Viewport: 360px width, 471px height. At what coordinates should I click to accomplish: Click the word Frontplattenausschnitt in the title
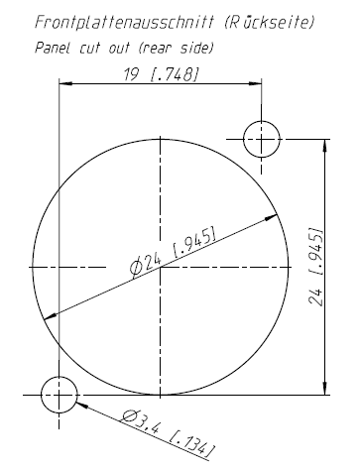coord(125,23)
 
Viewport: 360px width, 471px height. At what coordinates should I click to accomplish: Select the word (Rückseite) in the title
coord(269,22)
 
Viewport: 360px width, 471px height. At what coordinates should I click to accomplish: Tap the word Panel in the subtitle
coord(53,48)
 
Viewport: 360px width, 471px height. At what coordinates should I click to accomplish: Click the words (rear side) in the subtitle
coord(176,48)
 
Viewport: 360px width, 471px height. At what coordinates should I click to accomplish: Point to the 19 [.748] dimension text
coord(162,74)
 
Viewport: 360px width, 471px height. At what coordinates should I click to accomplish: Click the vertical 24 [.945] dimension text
coord(315,267)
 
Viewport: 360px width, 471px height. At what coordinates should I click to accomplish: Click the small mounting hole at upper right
coord(262,139)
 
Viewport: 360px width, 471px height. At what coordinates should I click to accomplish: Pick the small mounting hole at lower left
coord(60,395)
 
